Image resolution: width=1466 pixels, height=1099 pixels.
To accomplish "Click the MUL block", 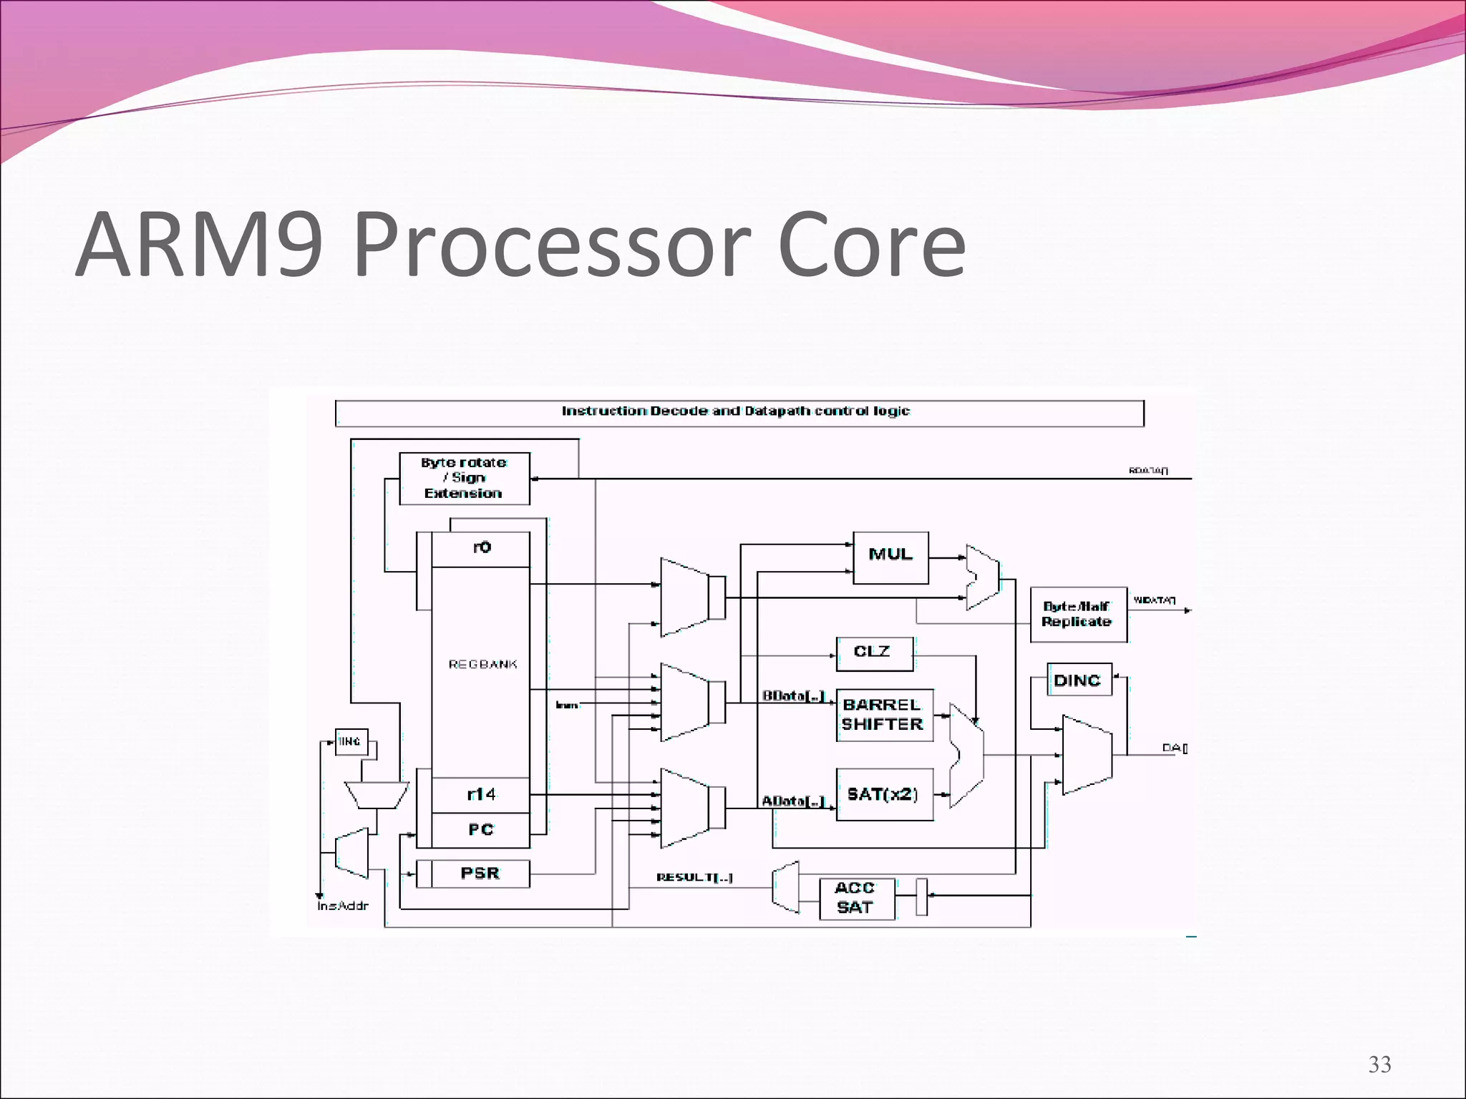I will click(890, 557).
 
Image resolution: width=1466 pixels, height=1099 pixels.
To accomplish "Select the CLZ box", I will click(874, 653).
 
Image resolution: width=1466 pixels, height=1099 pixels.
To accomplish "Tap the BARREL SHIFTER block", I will click(884, 715).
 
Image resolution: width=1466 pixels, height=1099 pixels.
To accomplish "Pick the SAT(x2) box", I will click(884, 794).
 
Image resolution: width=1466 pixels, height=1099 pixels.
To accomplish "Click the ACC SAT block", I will click(856, 899).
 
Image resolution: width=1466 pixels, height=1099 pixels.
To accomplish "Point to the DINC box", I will click(1079, 680).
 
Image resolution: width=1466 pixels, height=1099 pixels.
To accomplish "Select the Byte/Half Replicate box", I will click(1078, 615).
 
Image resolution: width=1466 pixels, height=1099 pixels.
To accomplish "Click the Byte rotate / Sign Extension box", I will click(464, 478).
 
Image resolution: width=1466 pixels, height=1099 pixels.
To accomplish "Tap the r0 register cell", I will click(481, 548).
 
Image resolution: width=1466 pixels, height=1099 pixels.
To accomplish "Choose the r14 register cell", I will click(481, 794).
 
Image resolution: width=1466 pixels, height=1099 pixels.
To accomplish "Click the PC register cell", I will click(481, 830).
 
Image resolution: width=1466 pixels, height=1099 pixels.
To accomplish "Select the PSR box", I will click(480, 874).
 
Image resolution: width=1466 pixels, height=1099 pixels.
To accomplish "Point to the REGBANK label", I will click(482, 665).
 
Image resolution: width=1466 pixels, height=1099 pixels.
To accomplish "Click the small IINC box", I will click(351, 742).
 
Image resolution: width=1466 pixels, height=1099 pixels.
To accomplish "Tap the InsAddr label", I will click(343, 907).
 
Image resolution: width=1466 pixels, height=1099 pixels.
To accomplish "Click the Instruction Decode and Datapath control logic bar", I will click(739, 413).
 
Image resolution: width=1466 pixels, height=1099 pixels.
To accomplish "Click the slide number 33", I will click(1379, 1065).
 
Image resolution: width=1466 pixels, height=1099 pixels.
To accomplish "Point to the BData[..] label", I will click(793, 695).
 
